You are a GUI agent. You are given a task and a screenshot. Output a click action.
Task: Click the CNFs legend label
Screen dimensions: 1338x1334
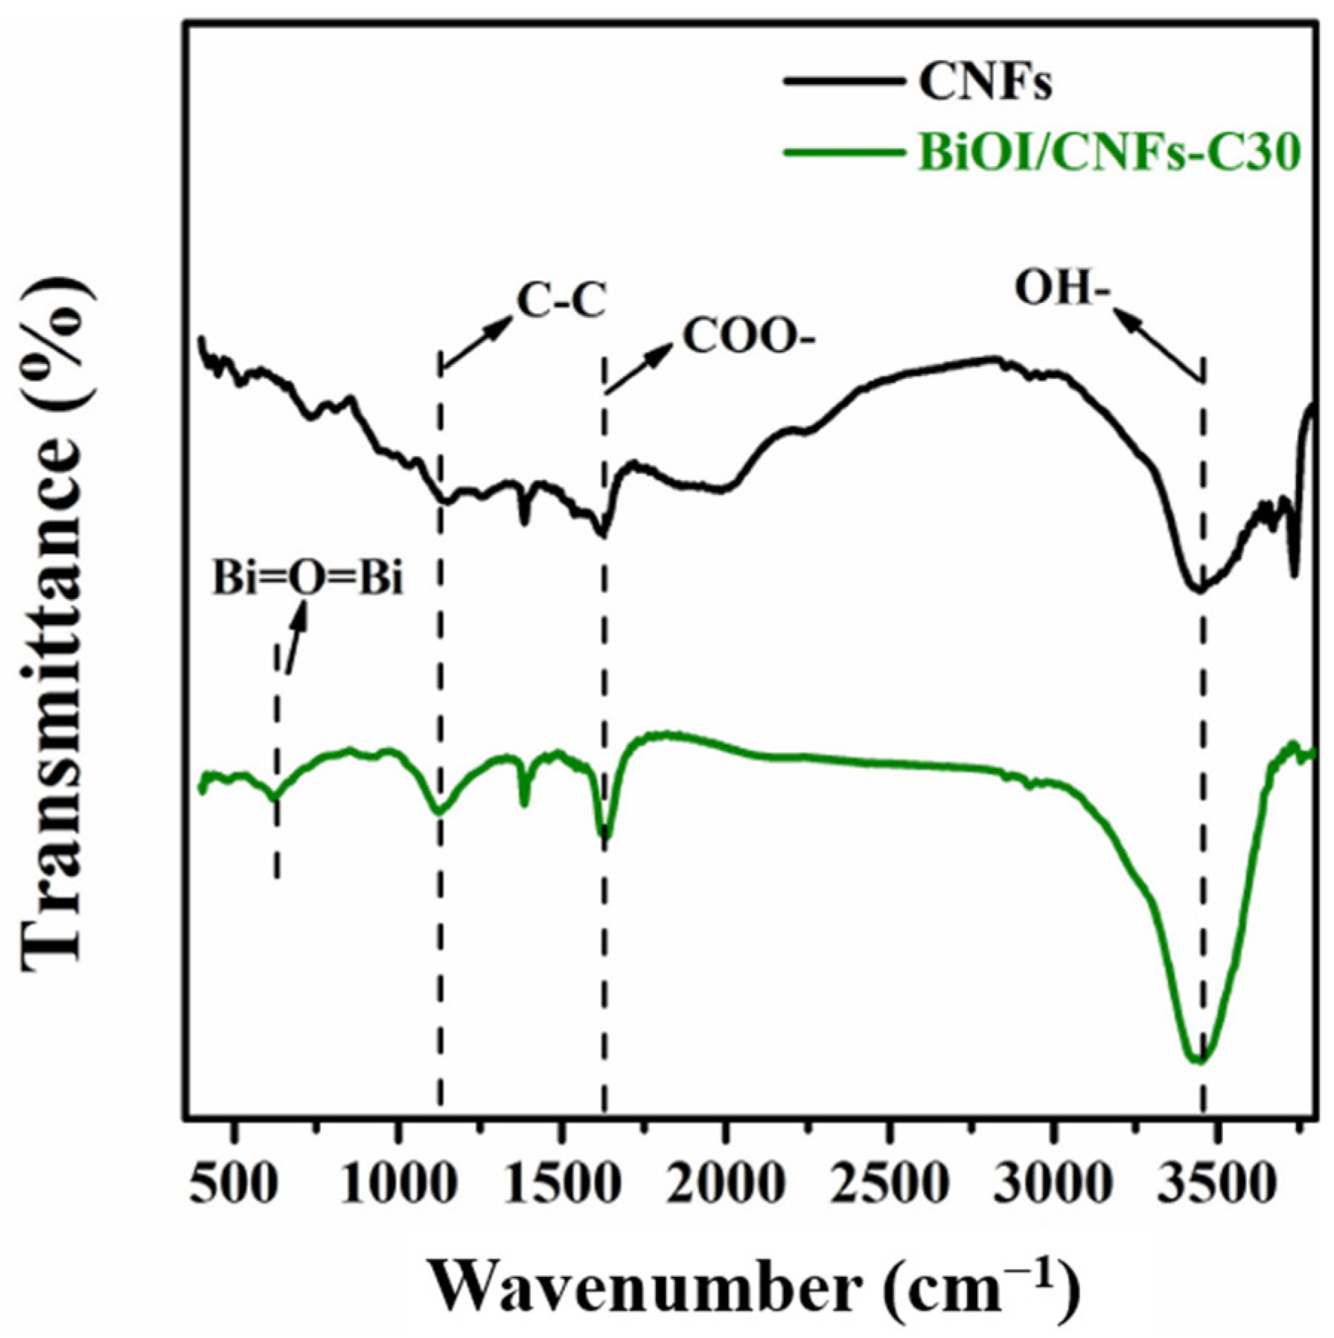pos(985,83)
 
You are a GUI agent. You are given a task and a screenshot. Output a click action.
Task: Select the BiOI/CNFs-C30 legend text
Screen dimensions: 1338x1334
pos(1109,154)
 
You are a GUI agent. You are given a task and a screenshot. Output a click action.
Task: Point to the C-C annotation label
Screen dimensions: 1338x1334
pos(561,303)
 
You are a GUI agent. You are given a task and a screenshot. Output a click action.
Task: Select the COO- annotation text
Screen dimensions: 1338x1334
pos(749,339)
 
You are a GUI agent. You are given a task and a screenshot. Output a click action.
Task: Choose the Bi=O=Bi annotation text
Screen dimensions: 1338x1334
pos(307,578)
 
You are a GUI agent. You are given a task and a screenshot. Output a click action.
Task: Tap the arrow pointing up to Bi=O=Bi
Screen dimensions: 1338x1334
pos(294,636)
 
